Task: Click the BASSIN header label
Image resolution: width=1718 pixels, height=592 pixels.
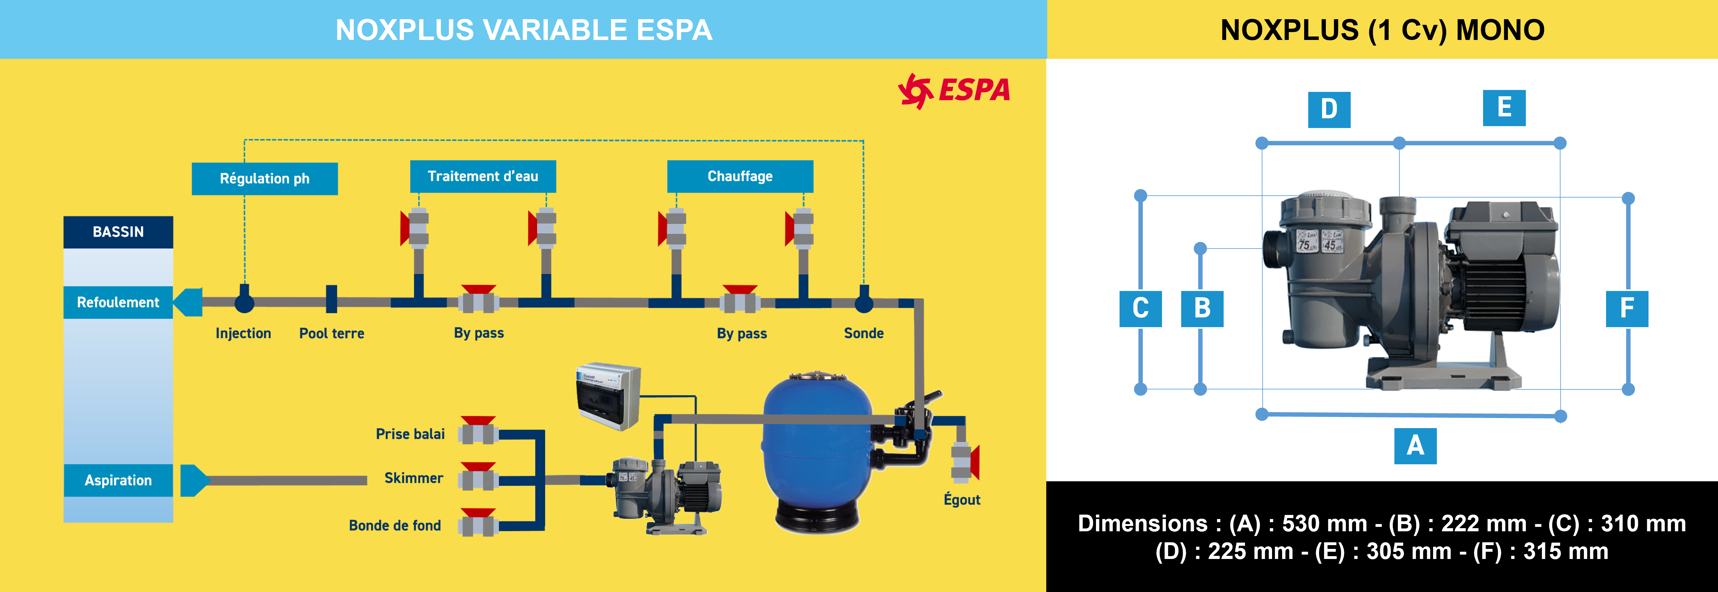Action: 118,232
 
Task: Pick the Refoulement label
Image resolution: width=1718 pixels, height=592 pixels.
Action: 118,302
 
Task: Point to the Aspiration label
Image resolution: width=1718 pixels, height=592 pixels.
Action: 118,480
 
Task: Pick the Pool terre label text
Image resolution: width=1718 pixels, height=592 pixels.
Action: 331,333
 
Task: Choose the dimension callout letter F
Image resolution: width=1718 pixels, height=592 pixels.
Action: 1626,308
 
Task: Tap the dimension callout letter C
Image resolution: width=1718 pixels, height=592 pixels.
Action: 1140,308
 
